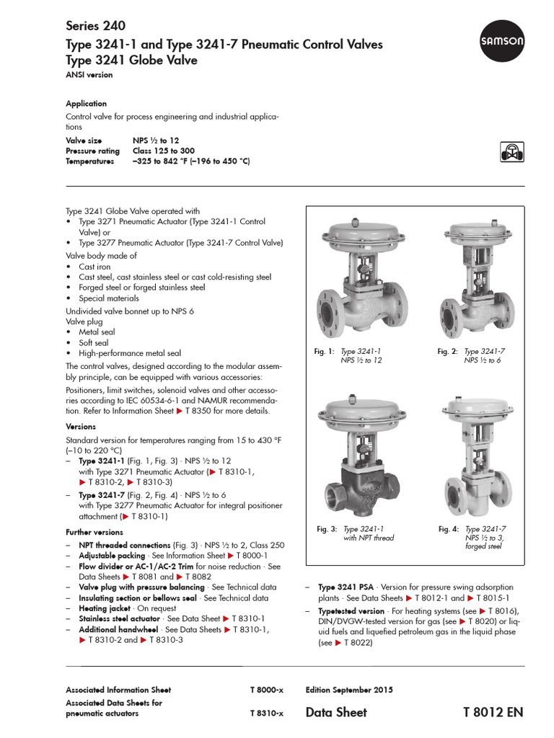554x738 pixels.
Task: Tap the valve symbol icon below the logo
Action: (511, 151)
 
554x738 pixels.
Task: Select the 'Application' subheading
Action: (86, 103)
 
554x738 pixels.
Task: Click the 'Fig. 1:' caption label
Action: (325, 351)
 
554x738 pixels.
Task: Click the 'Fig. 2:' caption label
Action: (448, 351)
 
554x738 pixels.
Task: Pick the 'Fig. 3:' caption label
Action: (327, 528)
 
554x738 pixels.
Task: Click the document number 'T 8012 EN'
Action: (493, 712)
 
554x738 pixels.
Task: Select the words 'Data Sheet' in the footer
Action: (336, 712)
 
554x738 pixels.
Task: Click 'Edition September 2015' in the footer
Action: (349, 690)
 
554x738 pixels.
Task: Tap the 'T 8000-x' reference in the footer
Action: (267, 690)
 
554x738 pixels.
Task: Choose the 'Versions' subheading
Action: (81, 426)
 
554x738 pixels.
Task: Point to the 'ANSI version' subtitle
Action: (89, 74)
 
